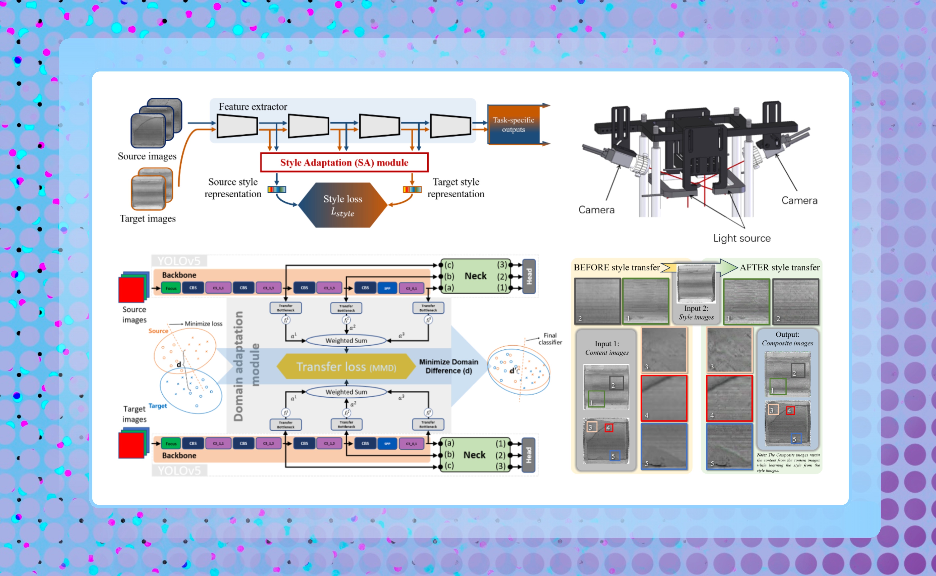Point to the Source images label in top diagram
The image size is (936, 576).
tap(147, 156)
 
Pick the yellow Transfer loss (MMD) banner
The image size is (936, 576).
tap(346, 366)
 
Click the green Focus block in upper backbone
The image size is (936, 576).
tap(171, 288)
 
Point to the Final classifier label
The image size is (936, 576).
tap(550, 339)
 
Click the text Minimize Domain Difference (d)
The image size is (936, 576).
tap(449, 366)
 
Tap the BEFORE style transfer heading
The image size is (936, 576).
tap(616, 267)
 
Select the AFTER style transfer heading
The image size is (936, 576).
tap(779, 267)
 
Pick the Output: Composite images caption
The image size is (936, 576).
tap(787, 339)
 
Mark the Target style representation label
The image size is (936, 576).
tap(456, 188)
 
